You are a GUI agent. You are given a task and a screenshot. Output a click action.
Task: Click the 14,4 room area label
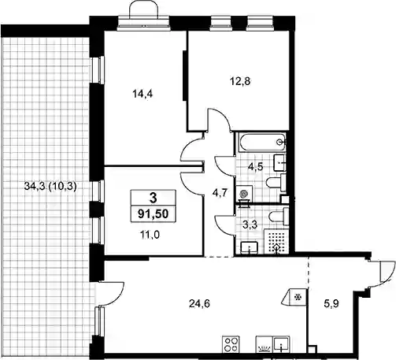coord(142,94)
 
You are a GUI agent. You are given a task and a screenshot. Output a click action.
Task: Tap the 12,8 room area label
coord(240,81)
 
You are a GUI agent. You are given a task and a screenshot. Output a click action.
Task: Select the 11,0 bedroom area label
coord(150,235)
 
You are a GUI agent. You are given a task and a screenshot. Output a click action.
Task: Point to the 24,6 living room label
coord(199,304)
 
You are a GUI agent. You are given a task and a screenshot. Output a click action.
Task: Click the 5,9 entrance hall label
coord(331,304)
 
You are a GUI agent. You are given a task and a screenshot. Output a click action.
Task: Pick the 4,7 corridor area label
coord(220,193)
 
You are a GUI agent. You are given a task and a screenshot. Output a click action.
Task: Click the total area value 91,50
coord(154,214)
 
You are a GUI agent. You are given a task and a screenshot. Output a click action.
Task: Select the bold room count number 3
coord(154,198)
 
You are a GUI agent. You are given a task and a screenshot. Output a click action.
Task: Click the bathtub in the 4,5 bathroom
coord(261,142)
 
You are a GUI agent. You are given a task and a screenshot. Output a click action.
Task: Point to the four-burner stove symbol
coord(231,344)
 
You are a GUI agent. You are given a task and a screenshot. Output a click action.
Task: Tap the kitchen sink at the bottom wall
coord(281,344)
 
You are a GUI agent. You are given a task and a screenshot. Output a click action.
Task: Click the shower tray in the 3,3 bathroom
coord(276,242)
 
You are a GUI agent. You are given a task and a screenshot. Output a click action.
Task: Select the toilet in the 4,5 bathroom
coord(276,182)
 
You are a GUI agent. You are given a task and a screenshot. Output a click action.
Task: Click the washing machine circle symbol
coord(244,194)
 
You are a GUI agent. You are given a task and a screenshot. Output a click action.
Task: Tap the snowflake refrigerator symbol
coord(298,297)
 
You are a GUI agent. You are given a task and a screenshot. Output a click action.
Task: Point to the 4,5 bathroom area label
coord(256,166)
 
